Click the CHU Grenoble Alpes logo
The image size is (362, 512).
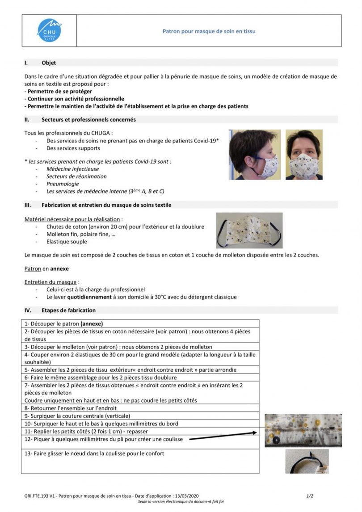tap(49, 30)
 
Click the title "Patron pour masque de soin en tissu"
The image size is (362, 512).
tap(209, 31)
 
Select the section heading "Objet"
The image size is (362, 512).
tap(49, 63)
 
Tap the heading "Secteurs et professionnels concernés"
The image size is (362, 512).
tap(88, 120)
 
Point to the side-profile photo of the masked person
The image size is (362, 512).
tap(255, 155)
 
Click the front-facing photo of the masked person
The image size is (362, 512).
tap(303, 155)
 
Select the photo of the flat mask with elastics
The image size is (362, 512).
tap(249, 230)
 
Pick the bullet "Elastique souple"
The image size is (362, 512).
tap(67, 242)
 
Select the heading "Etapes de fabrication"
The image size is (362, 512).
tap(68, 310)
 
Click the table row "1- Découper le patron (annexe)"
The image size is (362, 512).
tap(67, 323)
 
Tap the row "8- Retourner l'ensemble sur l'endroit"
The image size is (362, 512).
tap(71, 408)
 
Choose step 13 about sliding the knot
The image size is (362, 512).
tap(95, 453)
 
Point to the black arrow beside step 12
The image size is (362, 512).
tap(223, 436)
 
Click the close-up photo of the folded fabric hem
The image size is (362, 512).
tap(303, 430)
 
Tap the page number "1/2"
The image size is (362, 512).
tap(310, 496)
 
